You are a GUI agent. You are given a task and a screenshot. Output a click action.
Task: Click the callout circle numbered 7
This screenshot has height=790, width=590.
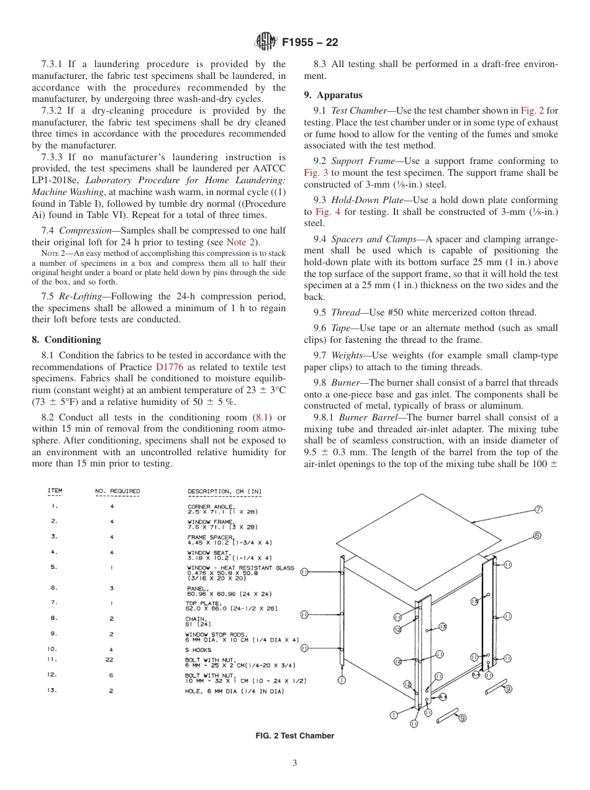coord(538,510)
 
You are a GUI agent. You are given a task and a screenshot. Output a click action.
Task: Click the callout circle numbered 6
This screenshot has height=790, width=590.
coord(537,535)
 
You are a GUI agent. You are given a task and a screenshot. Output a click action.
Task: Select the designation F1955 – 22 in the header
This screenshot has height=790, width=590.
coord(310,43)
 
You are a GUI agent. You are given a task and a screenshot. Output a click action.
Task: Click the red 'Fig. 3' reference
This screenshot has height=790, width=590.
coord(315,172)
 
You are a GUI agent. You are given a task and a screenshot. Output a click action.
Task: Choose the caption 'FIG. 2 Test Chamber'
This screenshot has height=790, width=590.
coord(295,736)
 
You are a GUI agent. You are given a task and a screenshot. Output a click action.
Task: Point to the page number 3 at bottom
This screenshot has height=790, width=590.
coord(295,763)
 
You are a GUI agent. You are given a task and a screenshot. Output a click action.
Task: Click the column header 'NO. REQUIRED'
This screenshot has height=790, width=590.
coord(117,491)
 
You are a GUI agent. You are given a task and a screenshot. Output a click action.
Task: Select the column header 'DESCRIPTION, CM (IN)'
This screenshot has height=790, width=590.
coord(224,491)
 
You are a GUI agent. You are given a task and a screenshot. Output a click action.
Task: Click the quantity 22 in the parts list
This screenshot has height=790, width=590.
coord(112,660)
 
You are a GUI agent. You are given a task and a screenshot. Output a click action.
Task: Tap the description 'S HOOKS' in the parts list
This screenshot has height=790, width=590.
coord(199,650)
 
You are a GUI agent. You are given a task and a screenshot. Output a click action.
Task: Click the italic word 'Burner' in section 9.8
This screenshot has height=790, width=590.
coord(345,383)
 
